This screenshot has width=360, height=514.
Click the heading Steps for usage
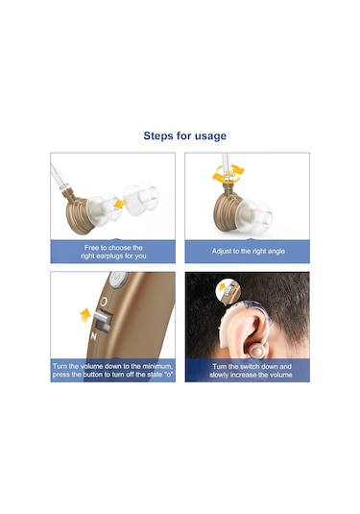(184, 136)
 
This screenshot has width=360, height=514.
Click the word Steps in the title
(157, 136)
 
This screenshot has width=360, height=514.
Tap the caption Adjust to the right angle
(248, 252)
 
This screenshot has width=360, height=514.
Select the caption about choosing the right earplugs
(113, 252)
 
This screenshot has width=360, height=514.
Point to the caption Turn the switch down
(251, 371)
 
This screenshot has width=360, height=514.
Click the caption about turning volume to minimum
(113, 371)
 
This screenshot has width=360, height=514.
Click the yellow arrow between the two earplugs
(120, 204)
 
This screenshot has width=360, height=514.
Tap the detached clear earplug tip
(141, 200)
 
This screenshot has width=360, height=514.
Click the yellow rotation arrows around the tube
(228, 173)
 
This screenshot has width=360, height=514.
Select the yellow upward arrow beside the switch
(85, 316)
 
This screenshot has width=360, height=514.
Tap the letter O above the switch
(104, 302)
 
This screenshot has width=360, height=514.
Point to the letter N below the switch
(94, 336)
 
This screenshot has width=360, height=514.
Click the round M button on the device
(118, 280)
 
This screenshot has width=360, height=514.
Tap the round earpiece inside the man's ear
(256, 352)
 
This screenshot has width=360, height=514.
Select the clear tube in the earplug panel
(59, 177)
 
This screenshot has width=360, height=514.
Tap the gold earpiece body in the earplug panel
(79, 213)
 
